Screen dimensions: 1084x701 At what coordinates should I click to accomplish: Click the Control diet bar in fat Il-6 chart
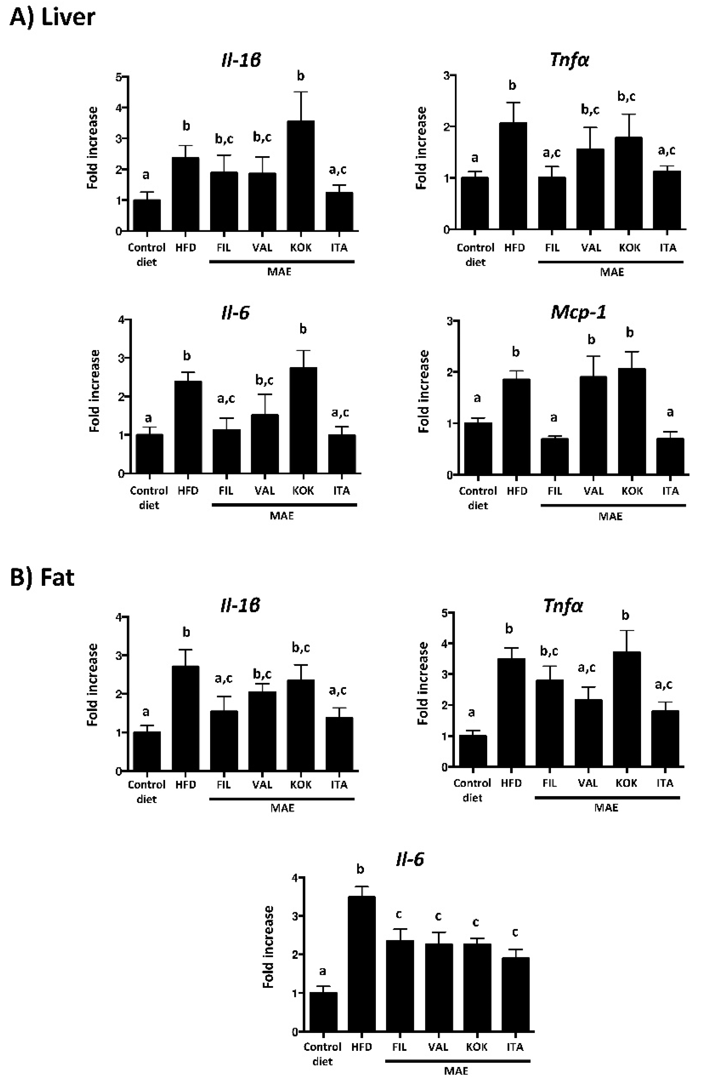pyautogui.click(x=323, y=1012)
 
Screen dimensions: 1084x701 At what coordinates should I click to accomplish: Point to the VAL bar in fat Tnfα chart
pyautogui.click(x=588, y=733)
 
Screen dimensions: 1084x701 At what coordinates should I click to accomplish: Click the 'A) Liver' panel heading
pyautogui.click(x=52, y=17)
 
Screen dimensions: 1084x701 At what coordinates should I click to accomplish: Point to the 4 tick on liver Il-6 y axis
pyautogui.click(x=121, y=320)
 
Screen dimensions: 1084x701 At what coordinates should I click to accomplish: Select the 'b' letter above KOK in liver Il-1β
pyautogui.click(x=300, y=76)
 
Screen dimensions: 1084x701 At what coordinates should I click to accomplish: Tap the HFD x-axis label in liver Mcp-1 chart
pyautogui.click(x=517, y=491)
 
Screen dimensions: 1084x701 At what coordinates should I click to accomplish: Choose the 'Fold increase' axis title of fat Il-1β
pyautogui.click(x=93, y=685)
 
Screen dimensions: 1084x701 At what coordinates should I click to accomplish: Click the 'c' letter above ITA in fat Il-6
pyautogui.click(x=515, y=932)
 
